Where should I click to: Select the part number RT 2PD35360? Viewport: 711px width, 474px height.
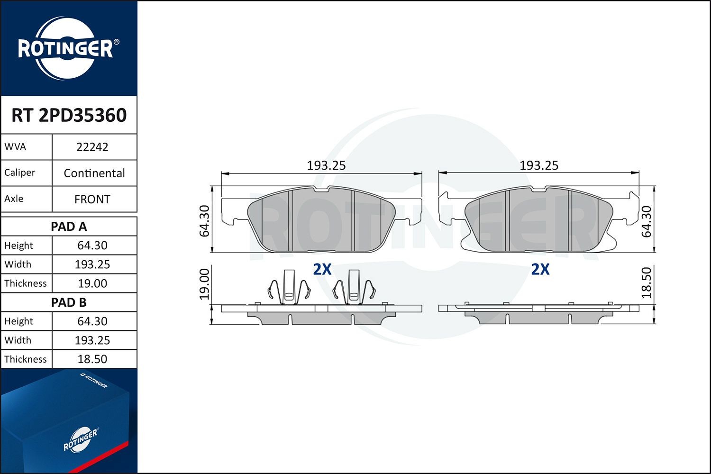[x=69, y=115]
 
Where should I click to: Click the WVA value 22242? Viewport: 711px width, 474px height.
[x=92, y=147]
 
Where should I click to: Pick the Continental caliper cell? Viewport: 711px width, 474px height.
[x=94, y=173]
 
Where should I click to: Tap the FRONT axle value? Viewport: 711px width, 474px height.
[x=92, y=199]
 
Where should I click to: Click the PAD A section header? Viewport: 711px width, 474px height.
[x=69, y=227]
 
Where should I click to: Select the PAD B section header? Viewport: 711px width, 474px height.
[x=69, y=302]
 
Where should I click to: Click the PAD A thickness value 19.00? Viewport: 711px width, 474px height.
[x=92, y=283]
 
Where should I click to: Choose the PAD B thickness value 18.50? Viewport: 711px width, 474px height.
[x=92, y=359]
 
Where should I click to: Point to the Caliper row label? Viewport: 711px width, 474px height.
[x=20, y=173]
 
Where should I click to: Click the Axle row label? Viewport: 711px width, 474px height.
[x=14, y=199]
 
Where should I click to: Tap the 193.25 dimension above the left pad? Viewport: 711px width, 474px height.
[x=326, y=165]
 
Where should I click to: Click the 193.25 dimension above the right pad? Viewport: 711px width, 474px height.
[x=539, y=165]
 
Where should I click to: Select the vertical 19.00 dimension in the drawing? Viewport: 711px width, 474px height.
[x=204, y=284]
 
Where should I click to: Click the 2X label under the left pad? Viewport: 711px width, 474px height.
[x=322, y=269]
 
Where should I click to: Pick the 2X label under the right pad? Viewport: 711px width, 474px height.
[x=540, y=269]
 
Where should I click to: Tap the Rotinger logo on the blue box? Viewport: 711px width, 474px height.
[x=81, y=440]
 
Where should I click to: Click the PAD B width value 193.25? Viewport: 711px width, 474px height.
[x=92, y=340]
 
